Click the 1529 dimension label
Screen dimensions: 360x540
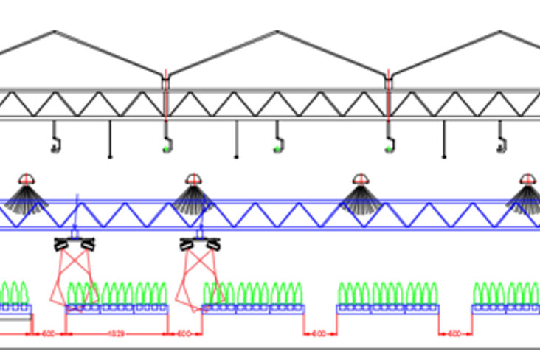click(117, 333)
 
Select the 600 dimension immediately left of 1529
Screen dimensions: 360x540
click(49, 333)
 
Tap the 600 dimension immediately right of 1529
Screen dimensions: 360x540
click(184, 333)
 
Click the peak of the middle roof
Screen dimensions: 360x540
click(277, 32)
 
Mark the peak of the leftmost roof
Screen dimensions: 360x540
click(55, 32)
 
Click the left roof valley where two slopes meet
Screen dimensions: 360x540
click(165, 74)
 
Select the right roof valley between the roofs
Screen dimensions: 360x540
click(389, 74)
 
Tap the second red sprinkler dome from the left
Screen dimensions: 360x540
click(193, 179)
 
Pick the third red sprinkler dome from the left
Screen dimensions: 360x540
click(360, 179)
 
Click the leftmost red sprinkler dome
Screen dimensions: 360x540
click(27, 179)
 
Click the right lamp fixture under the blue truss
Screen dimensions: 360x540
click(200, 243)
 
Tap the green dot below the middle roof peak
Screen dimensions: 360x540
click(277, 149)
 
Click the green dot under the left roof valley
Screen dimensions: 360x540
click(167, 149)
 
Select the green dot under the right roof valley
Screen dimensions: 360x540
click(389, 149)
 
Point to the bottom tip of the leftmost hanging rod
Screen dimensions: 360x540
click(110, 156)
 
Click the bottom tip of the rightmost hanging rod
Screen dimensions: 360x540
click(444, 156)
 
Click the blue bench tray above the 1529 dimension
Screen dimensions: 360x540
click(117, 309)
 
